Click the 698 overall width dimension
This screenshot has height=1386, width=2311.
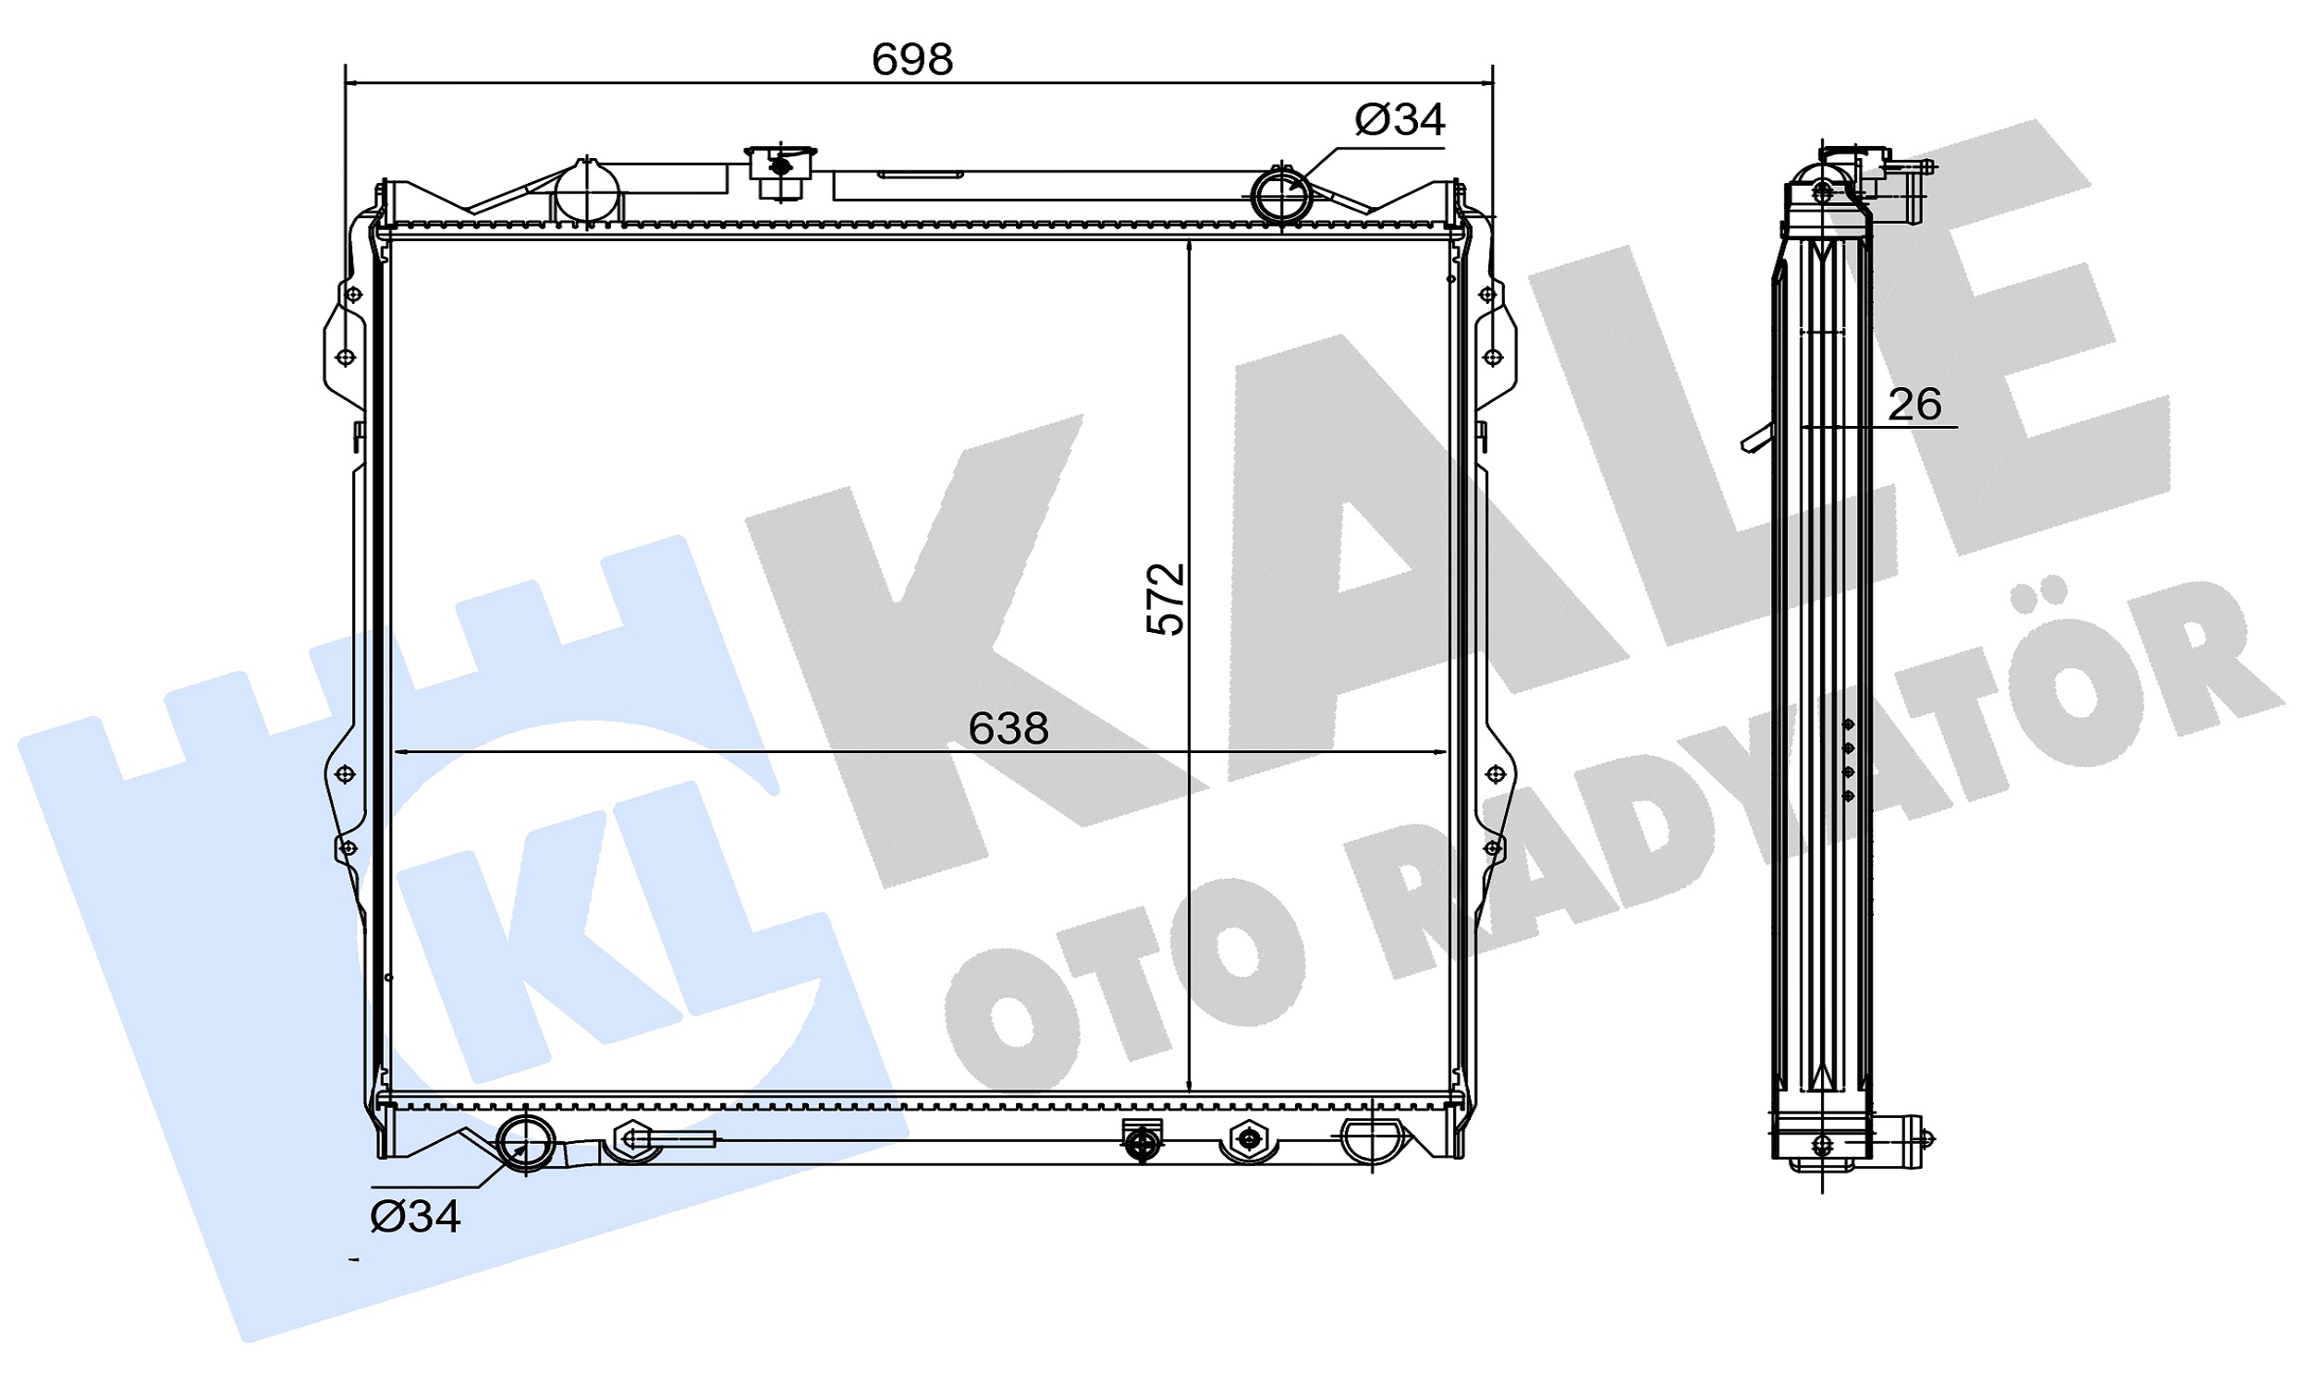[x=911, y=61]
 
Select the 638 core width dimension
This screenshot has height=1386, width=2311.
[x=1008, y=729]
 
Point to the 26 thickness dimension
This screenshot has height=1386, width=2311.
[x=1914, y=405]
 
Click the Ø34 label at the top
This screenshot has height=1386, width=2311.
[x=1399, y=119]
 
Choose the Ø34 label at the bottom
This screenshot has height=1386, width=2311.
[x=416, y=1217]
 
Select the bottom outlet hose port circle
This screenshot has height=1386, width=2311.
[x=526, y=1141]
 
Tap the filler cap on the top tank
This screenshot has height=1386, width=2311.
[x=780, y=172]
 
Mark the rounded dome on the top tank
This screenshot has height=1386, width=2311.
[x=588, y=192]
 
